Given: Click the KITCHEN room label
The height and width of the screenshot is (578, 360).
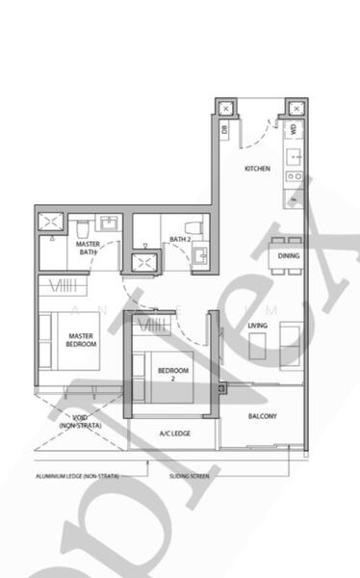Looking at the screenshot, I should [x=257, y=169].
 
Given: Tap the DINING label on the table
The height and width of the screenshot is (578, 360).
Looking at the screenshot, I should [x=288, y=256].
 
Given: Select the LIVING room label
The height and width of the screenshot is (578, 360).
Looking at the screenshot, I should [x=257, y=326].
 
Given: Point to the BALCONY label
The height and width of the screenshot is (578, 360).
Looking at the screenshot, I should [x=262, y=416].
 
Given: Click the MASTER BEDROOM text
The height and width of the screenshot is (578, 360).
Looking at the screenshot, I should [x=81, y=340].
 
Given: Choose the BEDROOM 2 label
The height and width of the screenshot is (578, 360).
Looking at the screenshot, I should [x=173, y=374].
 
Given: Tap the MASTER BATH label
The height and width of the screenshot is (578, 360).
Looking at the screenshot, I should [x=89, y=249].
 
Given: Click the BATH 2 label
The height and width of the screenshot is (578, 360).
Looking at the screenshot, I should [x=180, y=239].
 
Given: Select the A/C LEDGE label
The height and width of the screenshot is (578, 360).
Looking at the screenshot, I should [x=174, y=433].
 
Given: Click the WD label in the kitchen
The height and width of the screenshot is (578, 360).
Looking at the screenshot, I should [x=293, y=128].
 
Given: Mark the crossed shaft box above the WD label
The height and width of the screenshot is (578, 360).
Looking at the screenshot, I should [x=296, y=108].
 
